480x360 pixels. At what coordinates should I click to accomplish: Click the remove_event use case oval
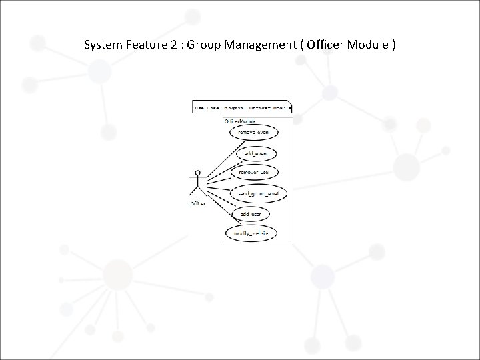pos(254,133)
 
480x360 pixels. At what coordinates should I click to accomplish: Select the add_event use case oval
pos(255,153)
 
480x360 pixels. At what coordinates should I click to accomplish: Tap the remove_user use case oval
pos(255,173)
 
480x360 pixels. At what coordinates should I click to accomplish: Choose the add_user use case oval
pos(251,214)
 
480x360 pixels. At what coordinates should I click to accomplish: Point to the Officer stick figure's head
pos(197,173)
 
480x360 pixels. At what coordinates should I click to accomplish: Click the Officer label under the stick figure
pos(197,203)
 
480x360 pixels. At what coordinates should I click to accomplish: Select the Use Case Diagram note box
pos(241,107)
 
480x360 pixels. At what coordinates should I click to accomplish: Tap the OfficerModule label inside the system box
pos(239,121)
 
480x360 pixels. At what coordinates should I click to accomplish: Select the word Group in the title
pos(205,45)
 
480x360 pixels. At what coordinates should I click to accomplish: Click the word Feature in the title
pos(147,45)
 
